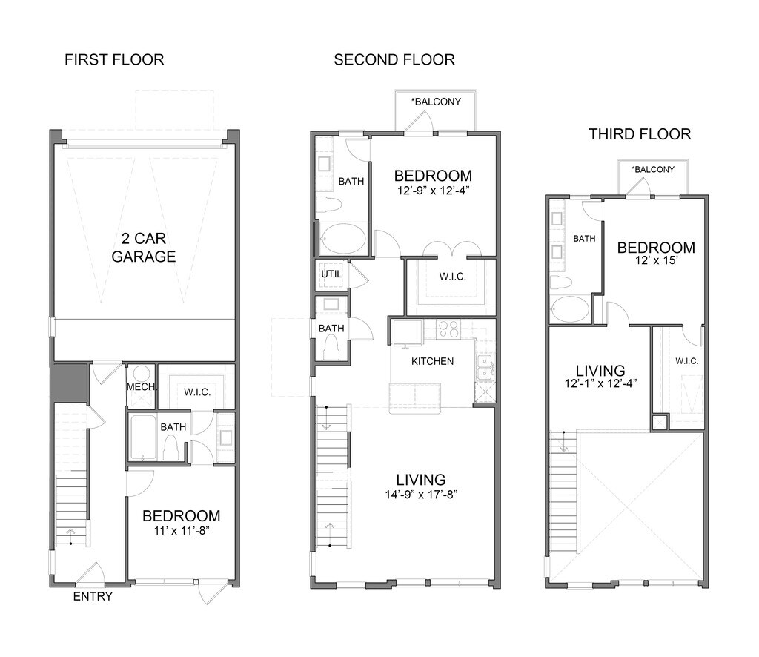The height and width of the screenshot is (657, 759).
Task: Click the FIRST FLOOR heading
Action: coord(114,59)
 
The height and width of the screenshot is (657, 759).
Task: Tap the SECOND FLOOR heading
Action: coord(394,59)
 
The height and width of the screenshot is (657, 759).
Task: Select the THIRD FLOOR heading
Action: coord(640,134)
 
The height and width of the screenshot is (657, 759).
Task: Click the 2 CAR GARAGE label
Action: coord(144,248)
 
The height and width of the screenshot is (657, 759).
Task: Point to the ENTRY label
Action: coord(93,596)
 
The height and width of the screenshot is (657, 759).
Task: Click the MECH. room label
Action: coord(142,387)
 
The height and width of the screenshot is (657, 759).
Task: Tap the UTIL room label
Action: coord(331,274)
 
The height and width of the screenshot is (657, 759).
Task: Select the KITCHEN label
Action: coord(432,361)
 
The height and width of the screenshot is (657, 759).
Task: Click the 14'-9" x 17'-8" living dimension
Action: coord(421,495)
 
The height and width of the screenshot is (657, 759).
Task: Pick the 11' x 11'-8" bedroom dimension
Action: coord(181,531)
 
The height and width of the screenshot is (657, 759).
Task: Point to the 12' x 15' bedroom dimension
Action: coord(656,260)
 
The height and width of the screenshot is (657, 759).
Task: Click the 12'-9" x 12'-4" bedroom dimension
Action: coord(433,191)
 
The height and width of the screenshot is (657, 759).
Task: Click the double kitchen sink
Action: coord(485,368)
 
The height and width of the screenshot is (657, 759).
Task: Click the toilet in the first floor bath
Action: coord(171,448)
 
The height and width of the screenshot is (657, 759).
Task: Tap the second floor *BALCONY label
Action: coord(436,102)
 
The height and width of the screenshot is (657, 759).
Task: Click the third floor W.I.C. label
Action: coord(687,361)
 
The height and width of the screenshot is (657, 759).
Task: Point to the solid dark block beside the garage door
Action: coord(70,383)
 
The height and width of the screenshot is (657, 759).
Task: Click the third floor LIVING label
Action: coord(600,371)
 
